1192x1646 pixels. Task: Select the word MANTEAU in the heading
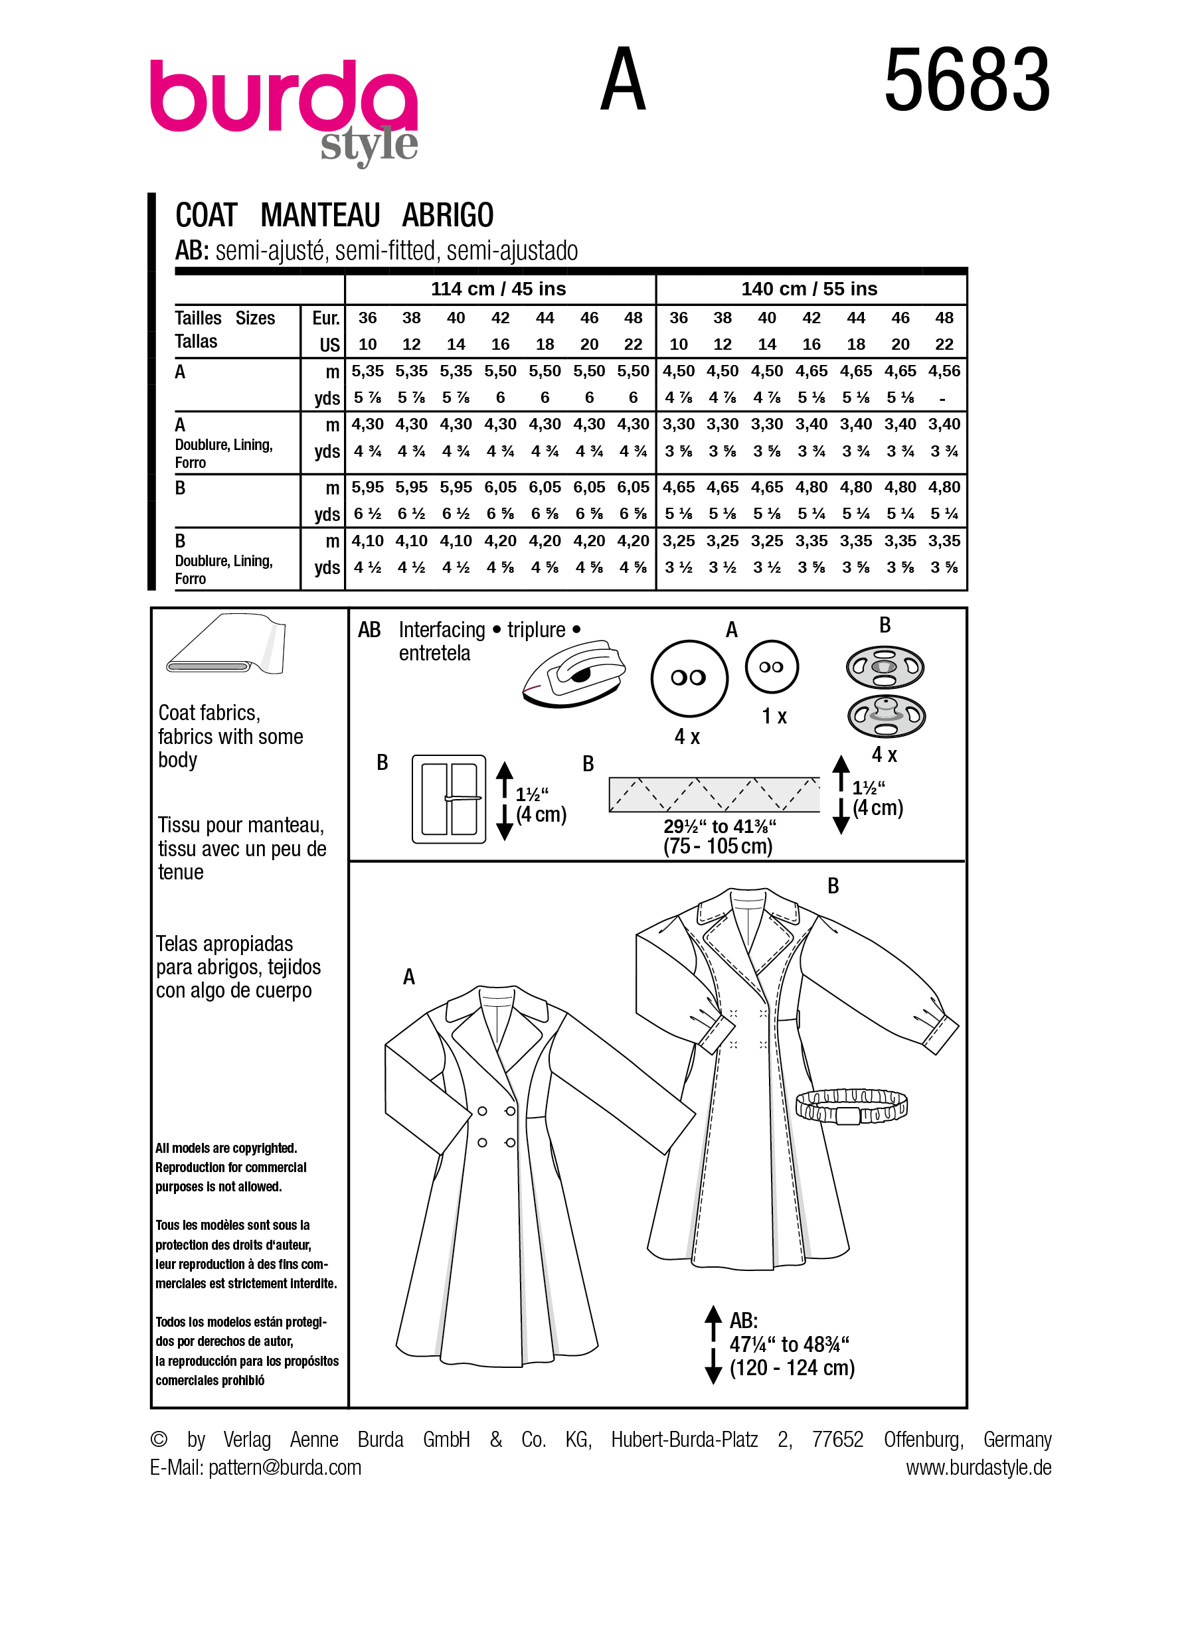[x=320, y=216]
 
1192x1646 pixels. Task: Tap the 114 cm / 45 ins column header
[x=498, y=289]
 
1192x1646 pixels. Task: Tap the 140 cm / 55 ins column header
[x=809, y=289]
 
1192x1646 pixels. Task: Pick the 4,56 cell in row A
[x=944, y=371]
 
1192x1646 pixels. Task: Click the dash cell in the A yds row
[x=942, y=398]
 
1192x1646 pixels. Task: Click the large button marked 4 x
[x=688, y=678]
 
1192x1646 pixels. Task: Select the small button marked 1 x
[x=771, y=667]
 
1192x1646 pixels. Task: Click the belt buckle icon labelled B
[x=449, y=798]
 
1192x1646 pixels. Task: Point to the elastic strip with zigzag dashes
[x=714, y=794]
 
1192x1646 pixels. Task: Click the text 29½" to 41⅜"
[x=719, y=826]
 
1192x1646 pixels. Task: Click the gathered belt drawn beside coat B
[x=851, y=1108]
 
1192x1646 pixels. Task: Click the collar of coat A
[x=498, y=1008]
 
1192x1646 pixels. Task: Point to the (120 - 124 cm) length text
[x=792, y=1368]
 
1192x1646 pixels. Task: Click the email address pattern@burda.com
[x=285, y=1467]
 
